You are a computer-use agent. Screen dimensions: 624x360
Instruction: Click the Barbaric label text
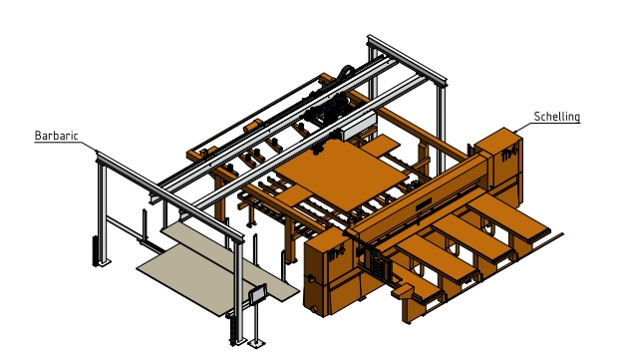56,136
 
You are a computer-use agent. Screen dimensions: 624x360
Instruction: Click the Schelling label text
557,117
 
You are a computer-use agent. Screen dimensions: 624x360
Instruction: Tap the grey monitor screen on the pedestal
258,293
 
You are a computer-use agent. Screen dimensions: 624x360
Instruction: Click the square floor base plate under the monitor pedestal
255,342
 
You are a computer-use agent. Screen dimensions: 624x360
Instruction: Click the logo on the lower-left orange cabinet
337,253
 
